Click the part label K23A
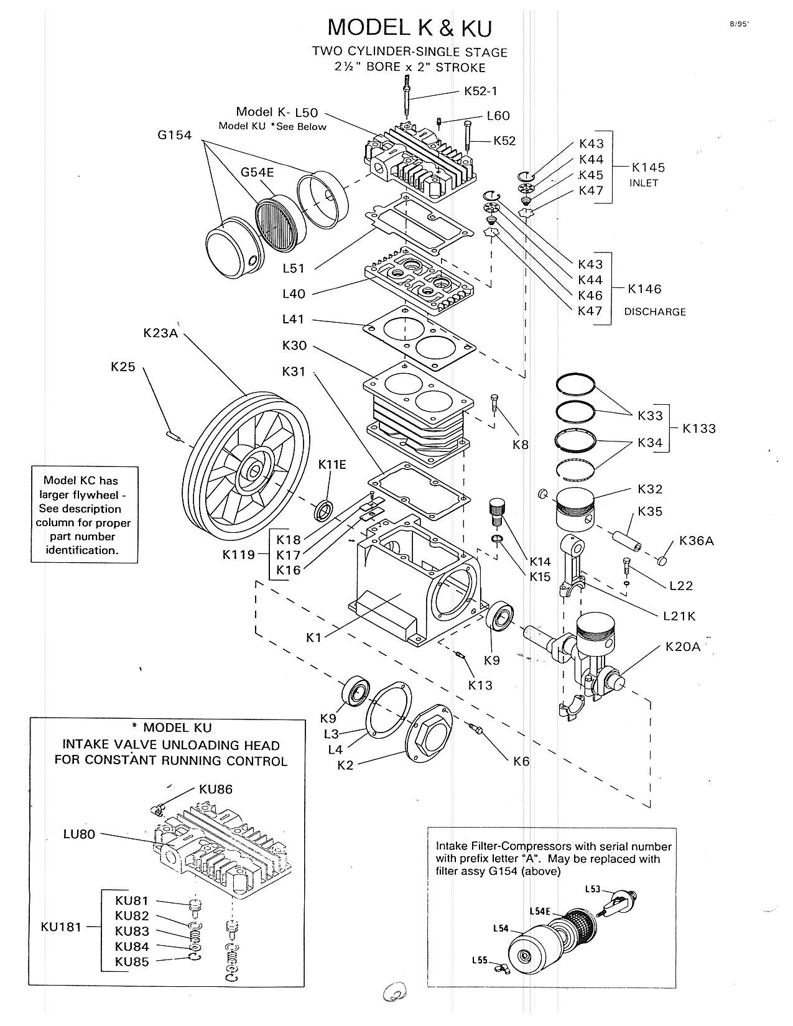pyautogui.click(x=160, y=333)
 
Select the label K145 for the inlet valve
pyautogui.click(x=648, y=168)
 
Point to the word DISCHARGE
pyautogui.click(x=655, y=312)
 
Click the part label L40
pyautogui.click(x=294, y=293)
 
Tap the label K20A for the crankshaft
pyautogui.click(x=682, y=647)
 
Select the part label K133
pyautogui.click(x=699, y=428)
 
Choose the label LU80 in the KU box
pyautogui.click(x=80, y=834)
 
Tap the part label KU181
pyautogui.click(x=61, y=927)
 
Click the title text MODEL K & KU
pyautogui.click(x=409, y=27)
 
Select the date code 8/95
pyautogui.click(x=739, y=24)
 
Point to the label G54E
pyautogui.click(x=257, y=172)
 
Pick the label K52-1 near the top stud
pyautogui.click(x=481, y=91)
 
